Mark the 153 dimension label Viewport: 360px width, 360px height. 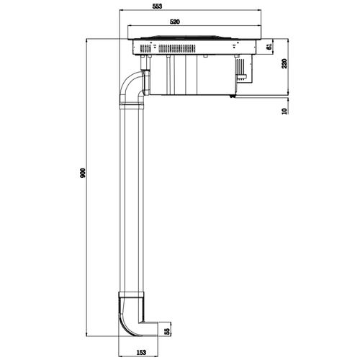pos(143,353)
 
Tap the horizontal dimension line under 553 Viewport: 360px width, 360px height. pos(189,11)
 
